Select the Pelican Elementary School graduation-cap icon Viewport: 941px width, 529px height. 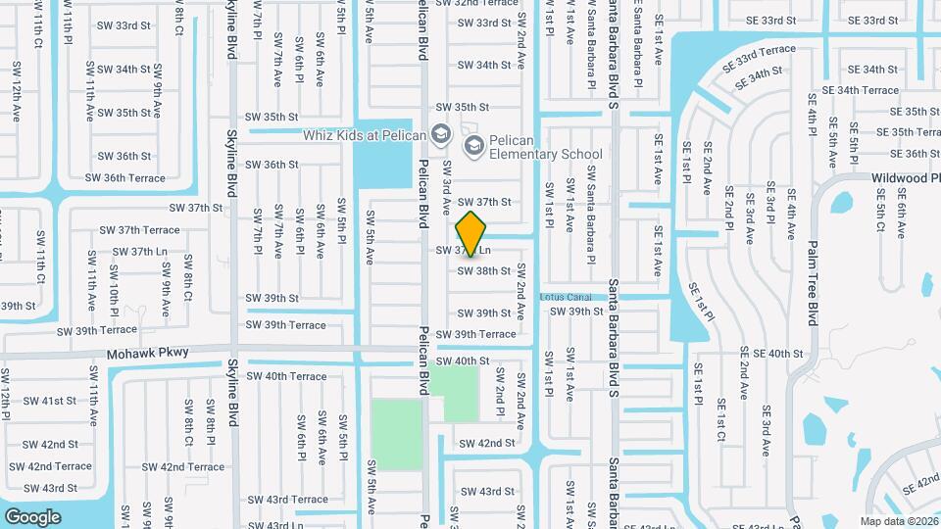(x=474, y=146)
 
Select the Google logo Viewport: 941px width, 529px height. (x=32, y=516)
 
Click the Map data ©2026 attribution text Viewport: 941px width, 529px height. (x=898, y=521)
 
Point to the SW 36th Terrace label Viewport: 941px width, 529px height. (x=124, y=178)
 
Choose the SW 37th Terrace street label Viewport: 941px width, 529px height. (x=139, y=230)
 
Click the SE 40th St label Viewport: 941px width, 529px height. (x=770, y=353)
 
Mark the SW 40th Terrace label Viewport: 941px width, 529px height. (x=286, y=376)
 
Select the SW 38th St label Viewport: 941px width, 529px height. (x=483, y=270)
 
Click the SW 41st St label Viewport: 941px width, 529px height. (x=51, y=401)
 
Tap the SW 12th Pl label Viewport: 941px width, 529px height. (x=5, y=389)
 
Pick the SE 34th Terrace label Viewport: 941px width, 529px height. (x=860, y=90)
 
